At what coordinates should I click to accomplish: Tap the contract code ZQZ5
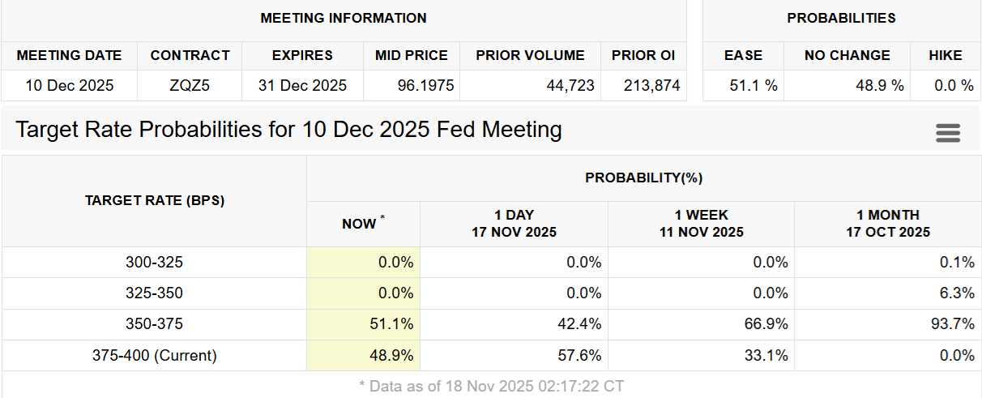point(190,85)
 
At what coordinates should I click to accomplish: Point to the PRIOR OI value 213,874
point(651,85)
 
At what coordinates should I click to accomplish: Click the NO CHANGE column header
point(847,55)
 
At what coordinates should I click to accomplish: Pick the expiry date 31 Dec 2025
point(302,85)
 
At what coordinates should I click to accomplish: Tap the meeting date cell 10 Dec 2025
point(69,85)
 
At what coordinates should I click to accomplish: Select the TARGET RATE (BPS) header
point(154,200)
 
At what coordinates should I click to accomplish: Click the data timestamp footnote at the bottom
point(491,386)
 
